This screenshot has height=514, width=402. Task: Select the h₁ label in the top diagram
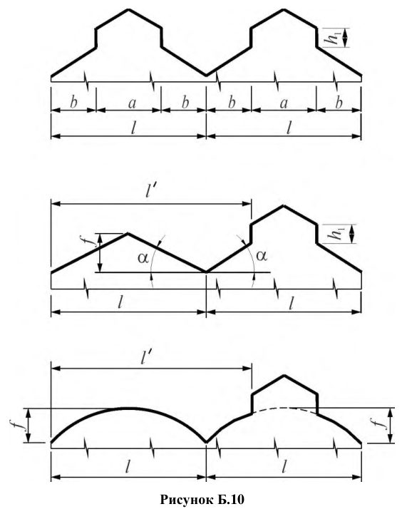click(x=334, y=38)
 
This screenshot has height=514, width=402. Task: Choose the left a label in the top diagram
click(x=132, y=103)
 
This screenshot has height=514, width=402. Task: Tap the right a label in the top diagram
click(x=284, y=103)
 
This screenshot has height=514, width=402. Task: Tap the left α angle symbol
click(x=143, y=257)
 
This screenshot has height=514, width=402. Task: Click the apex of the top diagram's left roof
click(x=128, y=9)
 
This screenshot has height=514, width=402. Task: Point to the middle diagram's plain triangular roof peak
click(x=128, y=233)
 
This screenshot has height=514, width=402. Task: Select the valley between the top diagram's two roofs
click(x=207, y=75)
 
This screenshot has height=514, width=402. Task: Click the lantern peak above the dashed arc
click(x=284, y=375)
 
